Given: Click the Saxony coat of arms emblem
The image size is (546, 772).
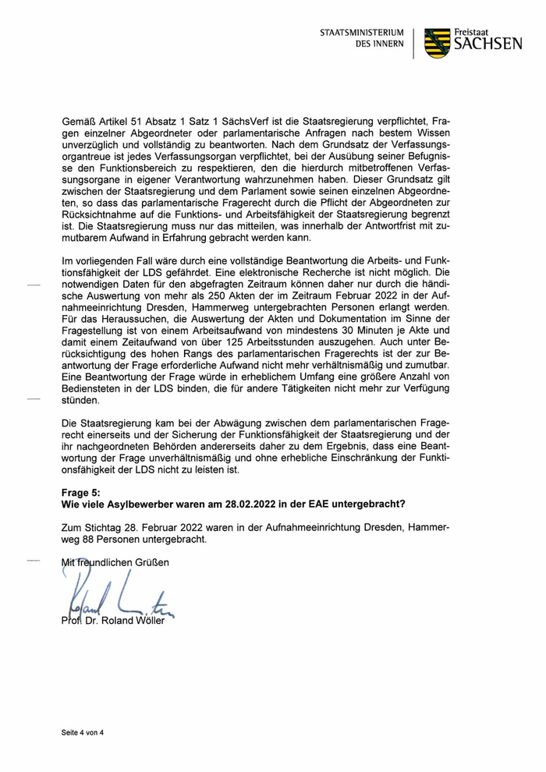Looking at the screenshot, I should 437,44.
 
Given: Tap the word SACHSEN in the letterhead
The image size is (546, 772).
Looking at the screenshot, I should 488,45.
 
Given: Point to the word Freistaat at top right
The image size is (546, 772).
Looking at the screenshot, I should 475,30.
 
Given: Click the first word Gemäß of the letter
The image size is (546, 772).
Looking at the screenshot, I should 80,122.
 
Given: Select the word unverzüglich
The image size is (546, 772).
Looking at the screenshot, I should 91,146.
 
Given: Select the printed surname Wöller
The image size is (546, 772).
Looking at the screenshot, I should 150,621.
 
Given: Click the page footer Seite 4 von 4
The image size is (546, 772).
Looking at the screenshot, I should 83,733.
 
